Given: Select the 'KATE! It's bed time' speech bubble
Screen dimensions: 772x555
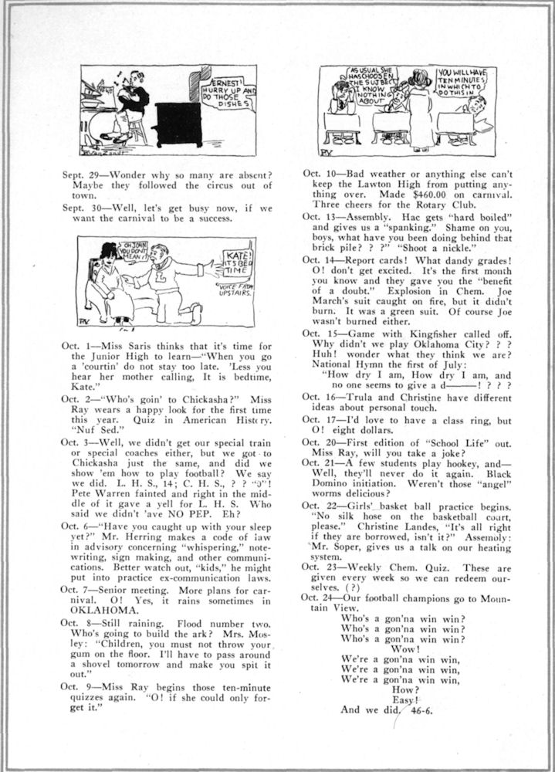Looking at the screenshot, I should [235, 264].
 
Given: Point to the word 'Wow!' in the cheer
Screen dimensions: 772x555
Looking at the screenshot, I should [405, 649].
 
